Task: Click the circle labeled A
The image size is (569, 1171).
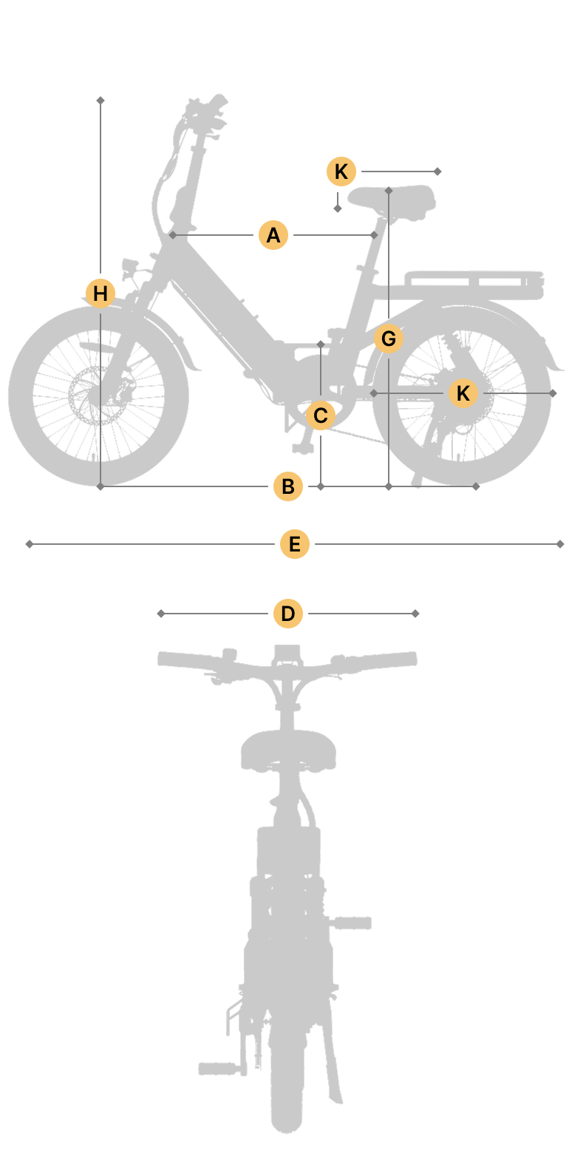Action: (x=273, y=235)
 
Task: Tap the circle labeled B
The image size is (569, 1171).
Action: (x=288, y=486)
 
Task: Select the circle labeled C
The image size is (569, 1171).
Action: (x=320, y=415)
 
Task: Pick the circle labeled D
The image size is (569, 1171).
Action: (x=288, y=613)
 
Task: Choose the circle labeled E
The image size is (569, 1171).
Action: (x=295, y=544)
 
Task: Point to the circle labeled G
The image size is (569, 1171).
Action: (x=388, y=339)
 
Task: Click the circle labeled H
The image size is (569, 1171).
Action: (x=100, y=293)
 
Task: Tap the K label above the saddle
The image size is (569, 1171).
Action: (x=341, y=171)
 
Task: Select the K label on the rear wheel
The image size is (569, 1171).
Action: (x=463, y=393)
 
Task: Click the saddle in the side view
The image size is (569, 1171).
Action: (x=392, y=200)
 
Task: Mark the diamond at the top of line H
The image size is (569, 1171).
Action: (x=100, y=100)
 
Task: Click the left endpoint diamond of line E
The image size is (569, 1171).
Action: (x=30, y=544)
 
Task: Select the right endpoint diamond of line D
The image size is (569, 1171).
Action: (x=415, y=613)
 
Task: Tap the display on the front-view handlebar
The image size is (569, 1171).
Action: (x=287, y=654)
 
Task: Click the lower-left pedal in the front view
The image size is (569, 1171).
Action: (x=219, y=1068)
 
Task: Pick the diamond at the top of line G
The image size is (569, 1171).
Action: (x=388, y=191)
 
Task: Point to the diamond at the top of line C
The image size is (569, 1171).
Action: (x=321, y=344)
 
